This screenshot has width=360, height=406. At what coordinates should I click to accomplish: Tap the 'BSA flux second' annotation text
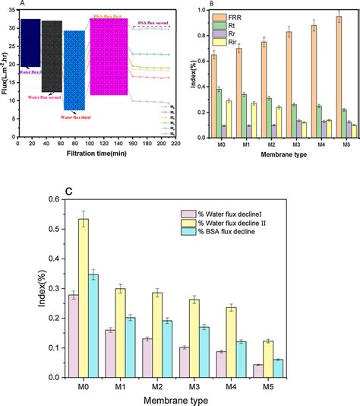145,21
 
